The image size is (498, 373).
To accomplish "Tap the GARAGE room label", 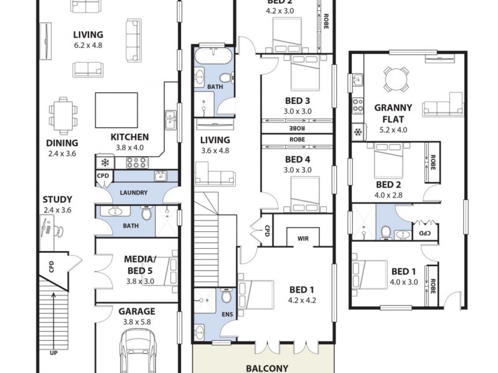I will point(132,311).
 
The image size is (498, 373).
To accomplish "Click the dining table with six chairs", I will point(62,115).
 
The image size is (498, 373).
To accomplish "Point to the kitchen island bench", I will point(115,109).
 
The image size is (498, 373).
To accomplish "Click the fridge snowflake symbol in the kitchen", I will point(105,163).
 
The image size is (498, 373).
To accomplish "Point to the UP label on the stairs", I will point(53,352).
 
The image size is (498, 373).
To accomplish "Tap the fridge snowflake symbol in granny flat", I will point(358,131).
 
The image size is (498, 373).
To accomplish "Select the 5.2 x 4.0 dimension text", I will point(393,130).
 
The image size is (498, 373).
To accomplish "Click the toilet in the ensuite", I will point(227,297).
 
